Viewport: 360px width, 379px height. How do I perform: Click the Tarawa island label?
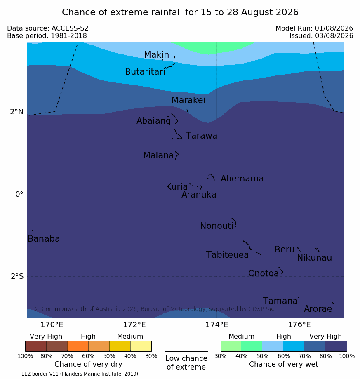tap(201, 136)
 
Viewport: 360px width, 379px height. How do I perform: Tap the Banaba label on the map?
tap(44, 239)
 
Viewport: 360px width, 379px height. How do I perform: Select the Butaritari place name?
tap(145, 71)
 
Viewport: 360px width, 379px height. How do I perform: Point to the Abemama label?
tap(242, 179)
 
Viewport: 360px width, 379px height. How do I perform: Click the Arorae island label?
tap(318, 309)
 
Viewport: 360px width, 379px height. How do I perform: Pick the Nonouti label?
tap(216, 226)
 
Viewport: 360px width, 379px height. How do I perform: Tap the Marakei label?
tap(188, 100)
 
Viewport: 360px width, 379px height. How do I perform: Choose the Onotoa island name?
tap(264, 273)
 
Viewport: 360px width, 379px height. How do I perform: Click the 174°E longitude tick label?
tap(217, 325)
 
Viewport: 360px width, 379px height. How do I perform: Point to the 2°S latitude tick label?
tap(17, 276)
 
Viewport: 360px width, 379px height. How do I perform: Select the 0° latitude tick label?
tap(19, 194)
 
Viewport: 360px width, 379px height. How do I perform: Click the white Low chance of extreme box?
tap(186, 346)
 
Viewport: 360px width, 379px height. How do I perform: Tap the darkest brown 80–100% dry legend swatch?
tap(36, 346)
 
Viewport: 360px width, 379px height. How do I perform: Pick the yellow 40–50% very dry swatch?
tap(120, 346)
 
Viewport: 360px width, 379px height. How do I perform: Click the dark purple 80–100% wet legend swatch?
tap(336, 346)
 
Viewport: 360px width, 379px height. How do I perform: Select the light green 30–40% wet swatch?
tap(231, 346)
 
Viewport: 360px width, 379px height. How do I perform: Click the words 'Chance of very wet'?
tap(284, 364)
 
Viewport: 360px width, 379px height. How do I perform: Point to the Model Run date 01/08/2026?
tap(334, 28)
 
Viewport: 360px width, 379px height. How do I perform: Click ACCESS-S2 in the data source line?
tap(70, 28)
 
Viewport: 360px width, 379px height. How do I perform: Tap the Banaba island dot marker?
tap(33, 231)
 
